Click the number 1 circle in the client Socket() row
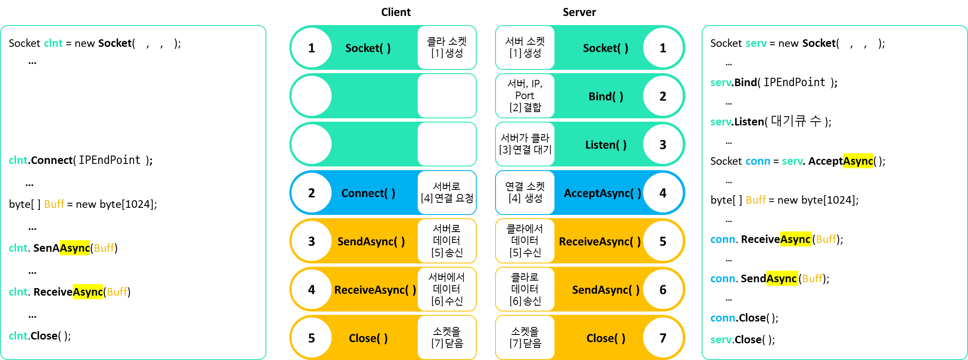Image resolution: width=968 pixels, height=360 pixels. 312,48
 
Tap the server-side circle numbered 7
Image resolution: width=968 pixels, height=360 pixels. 663,338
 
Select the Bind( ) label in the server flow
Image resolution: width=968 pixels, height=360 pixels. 606,97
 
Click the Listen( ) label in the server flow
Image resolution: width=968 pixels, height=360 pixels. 606,145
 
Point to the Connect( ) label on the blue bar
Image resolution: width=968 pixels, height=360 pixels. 368,193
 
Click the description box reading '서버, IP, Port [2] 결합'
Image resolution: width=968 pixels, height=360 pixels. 525,96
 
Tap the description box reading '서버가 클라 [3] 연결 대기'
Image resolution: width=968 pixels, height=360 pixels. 525,144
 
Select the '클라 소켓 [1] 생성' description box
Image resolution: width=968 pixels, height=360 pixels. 447,48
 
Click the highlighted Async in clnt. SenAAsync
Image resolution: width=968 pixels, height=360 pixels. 75,248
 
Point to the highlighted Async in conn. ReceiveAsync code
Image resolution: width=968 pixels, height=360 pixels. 795,239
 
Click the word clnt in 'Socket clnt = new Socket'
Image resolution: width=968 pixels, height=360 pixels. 53,43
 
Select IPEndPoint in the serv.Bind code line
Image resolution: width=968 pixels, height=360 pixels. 794,82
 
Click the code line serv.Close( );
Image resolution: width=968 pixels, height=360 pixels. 742,340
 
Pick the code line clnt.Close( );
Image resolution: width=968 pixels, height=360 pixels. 40,336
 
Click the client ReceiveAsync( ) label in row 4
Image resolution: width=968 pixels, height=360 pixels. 375,290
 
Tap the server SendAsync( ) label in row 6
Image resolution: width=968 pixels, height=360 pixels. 605,290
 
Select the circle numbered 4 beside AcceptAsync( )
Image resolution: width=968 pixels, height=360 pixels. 663,193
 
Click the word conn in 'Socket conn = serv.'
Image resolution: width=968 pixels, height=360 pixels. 757,161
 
